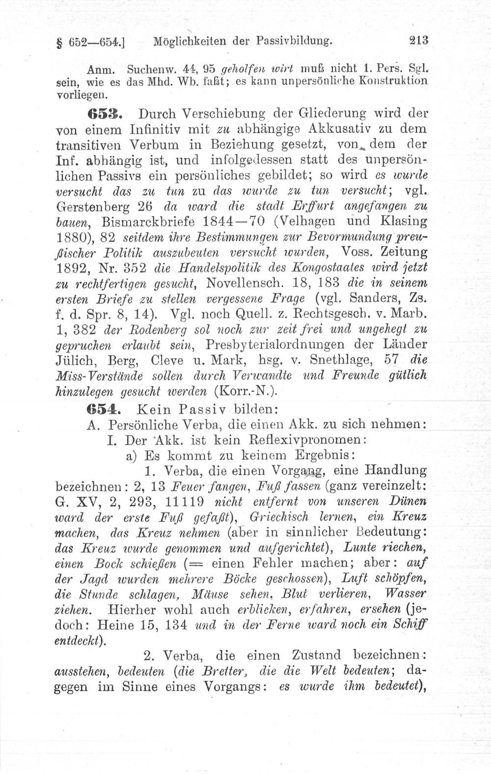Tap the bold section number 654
[103, 408]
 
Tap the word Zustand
[316, 656]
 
